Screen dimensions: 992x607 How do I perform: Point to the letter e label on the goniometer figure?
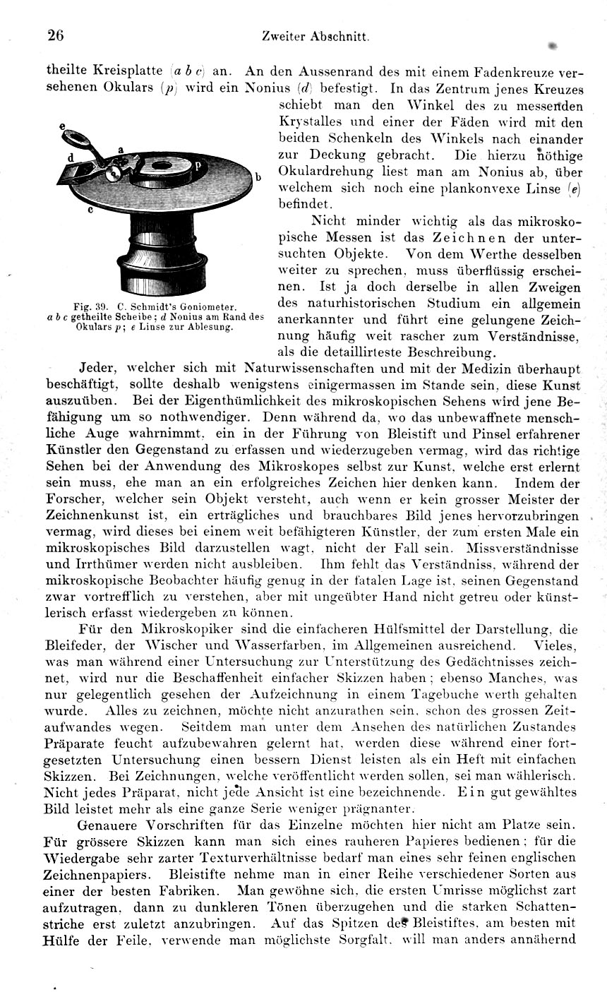click(62, 126)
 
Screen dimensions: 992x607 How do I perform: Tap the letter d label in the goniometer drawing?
click(71, 157)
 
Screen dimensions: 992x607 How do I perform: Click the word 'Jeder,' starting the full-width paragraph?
click(100, 369)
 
